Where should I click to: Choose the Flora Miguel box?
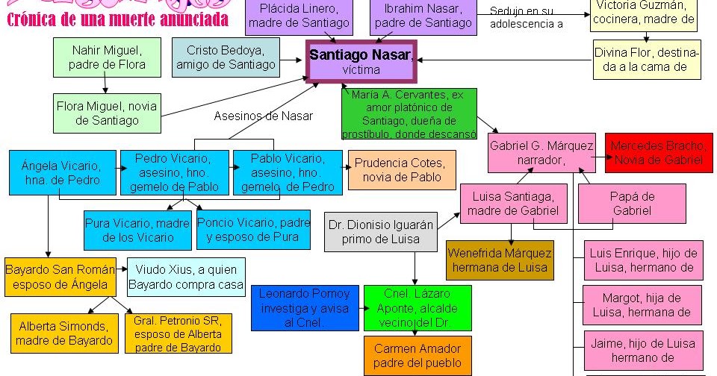pyautogui.click(x=107, y=113)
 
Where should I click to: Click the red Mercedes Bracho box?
pyautogui.click(x=659, y=153)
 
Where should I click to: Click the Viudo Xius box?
pyautogui.click(x=186, y=277)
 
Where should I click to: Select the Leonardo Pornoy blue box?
pyautogui.click(x=305, y=307)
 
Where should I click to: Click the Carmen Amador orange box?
pyautogui.click(x=418, y=356)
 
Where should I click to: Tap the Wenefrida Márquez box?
pyautogui.click(x=500, y=260)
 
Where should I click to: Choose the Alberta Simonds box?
pyautogui.click(x=64, y=333)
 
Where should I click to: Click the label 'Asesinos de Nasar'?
pyautogui.click(x=263, y=116)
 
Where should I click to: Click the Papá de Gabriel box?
pyautogui.click(x=632, y=204)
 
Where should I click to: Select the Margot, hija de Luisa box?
pyautogui.click(x=642, y=304)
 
